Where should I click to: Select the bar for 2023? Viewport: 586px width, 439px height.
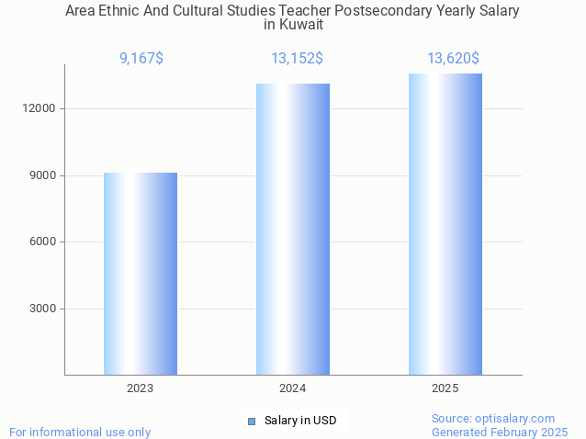(141, 274)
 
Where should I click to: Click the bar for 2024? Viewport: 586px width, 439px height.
(293, 230)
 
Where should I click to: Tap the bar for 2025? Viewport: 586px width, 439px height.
(445, 224)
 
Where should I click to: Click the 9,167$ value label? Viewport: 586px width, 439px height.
(141, 59)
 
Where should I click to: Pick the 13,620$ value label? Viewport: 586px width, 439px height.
(453, 59)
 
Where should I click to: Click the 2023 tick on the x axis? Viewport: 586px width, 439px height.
(141, 388)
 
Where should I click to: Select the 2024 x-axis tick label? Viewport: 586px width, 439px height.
(293, 388)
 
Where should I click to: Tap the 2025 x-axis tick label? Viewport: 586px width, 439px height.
(445, 388)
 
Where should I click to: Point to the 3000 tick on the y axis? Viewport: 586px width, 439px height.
(42, 309)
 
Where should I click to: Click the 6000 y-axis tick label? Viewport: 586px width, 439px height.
(42, 242)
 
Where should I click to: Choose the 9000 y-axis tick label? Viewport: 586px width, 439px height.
(42, 175)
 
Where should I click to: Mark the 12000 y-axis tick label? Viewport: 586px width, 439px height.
(39, 108)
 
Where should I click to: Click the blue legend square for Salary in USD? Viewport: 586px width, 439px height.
(251, 421)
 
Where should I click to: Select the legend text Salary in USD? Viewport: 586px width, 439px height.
(300, 421)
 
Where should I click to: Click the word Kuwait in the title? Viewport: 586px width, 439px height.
(302, 25)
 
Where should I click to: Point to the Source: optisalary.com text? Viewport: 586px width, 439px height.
(493, 418)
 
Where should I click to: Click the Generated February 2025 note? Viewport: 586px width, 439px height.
(500, 432)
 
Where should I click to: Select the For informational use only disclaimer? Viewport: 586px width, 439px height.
(80, 432)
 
